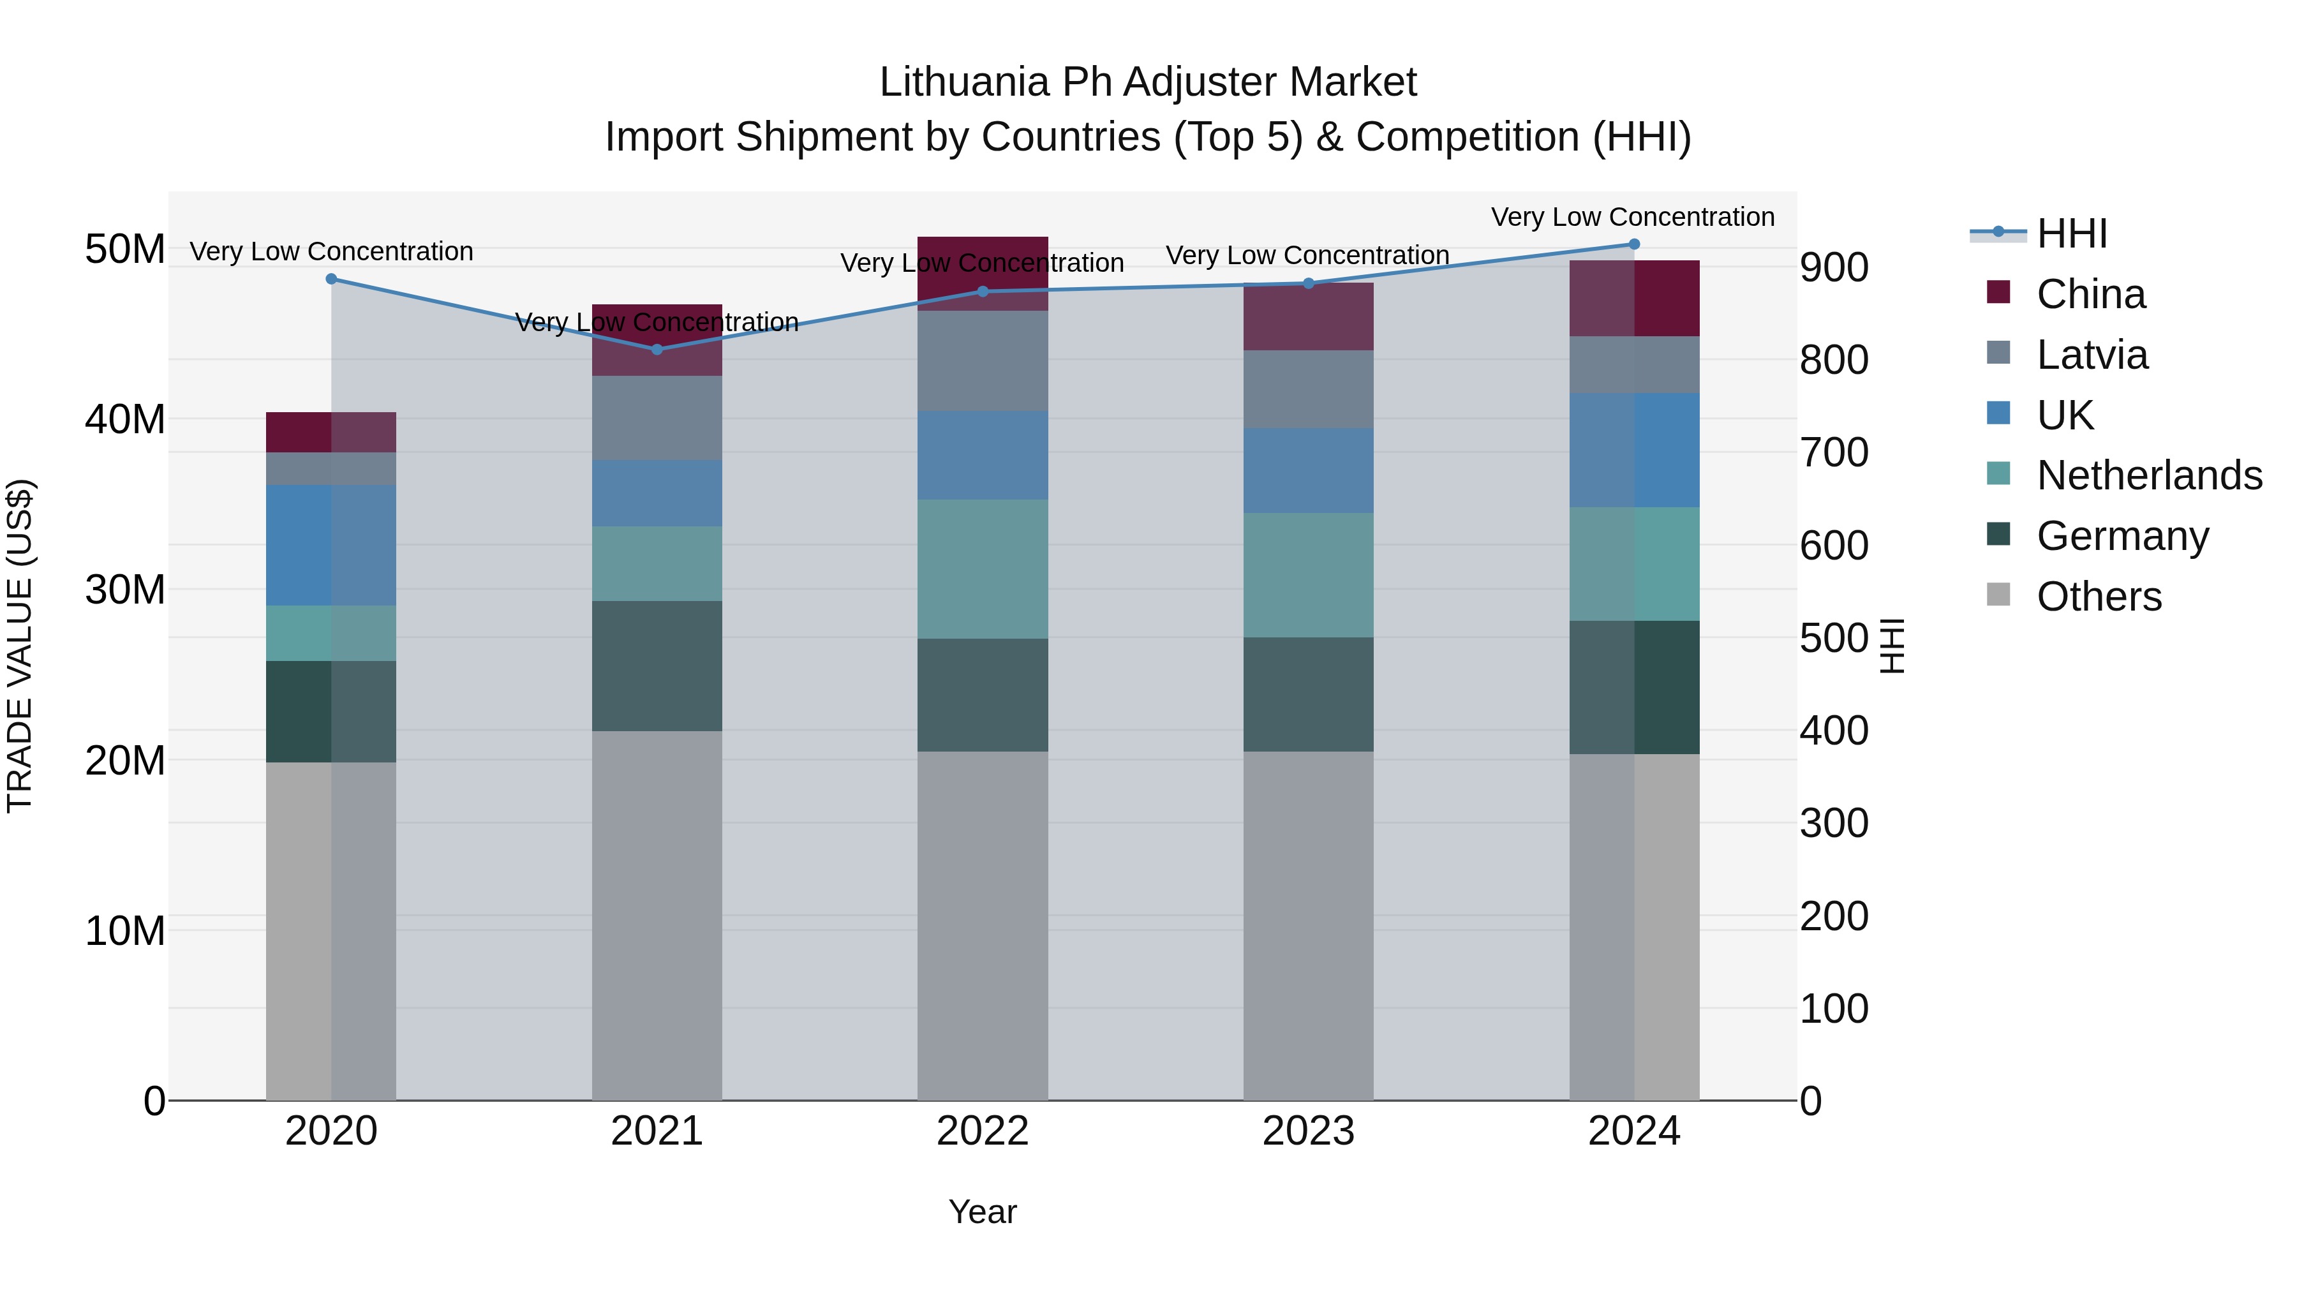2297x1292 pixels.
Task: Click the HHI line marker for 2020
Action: [332, 279]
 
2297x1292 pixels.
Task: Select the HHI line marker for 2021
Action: [657, 350]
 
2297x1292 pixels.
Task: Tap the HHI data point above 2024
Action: [1633, 244]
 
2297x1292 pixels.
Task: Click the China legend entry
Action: [2090, 294]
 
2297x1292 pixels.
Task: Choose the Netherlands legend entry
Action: [2149, 475]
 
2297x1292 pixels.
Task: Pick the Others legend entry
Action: [2099, 597]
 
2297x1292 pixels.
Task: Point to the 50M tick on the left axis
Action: [125, 249]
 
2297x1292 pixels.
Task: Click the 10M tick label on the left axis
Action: [125, 931]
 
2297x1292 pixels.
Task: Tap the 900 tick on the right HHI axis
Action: [1833, 267]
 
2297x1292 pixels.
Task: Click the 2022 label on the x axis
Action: [983, 1131]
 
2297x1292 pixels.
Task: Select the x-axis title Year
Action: [983, 1212]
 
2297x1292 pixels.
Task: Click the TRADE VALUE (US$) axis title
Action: [20, 646]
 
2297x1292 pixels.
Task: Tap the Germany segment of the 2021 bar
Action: [657, 666]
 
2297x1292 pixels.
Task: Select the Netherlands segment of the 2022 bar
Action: [983, 569]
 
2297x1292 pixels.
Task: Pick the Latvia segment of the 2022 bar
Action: [983, 361]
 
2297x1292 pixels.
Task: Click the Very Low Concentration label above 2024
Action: [1633, 217]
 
